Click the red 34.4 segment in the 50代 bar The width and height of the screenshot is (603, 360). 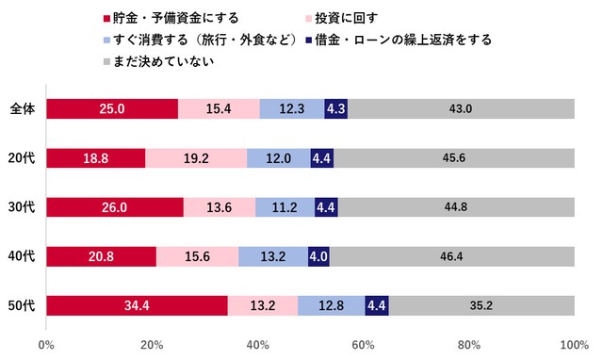click(137, 305)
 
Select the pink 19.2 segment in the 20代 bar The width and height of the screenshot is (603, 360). click(196, 158)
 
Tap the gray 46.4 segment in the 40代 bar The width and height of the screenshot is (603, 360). click(451, 256)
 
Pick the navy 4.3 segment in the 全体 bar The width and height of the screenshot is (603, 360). click(335, 109)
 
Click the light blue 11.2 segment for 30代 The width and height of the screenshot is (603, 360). click(285, 207)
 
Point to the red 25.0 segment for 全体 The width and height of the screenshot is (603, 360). click(112, 109)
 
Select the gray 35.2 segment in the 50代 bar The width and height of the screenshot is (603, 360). click(481, 305)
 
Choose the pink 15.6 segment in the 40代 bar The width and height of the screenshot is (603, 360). click(197, 256)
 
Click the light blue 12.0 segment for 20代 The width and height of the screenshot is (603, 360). click(279, 158)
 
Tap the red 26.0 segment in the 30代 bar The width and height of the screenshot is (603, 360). click(115, 207)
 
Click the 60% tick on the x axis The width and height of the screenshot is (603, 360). click(363, 343)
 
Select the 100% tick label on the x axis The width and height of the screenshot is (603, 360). click(573, 343)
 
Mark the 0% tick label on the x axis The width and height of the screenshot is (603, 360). click(46, 343)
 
